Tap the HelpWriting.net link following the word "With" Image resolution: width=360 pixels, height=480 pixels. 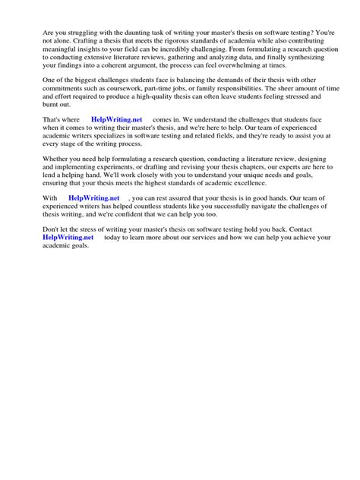94,197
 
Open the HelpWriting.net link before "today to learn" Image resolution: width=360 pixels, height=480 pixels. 68,237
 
